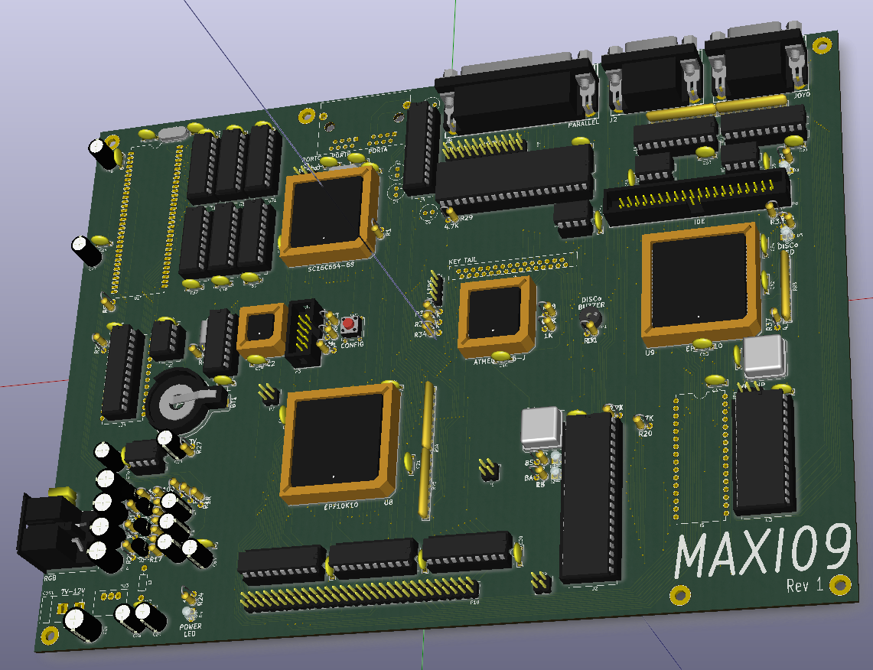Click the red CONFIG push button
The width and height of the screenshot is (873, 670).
pyautogui.click(x=349, y=324)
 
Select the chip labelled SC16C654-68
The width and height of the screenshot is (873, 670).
pyautogui.click(x=329, y=217)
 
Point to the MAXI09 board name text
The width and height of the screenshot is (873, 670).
pyautogui.click(x=763, y=551)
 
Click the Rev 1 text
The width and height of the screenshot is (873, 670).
pyautogui.click(x=804, y=585)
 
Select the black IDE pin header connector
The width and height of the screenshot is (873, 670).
pyautogui.click(x=695, y=198)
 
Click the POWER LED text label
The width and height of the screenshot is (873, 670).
pyautogui.click(x=191, y=630)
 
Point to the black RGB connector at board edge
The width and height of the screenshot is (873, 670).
pyautogui.click(x=48, y=528)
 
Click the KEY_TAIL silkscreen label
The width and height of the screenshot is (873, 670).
pyautogui.click(x=463, y=261)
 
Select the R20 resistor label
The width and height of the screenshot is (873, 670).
pyautogui.click(x=645, y=434)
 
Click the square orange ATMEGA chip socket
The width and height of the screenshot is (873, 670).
pyautogui.click(x=497, y=316)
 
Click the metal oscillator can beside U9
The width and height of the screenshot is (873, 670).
pyautogui.click(x=764, y=356)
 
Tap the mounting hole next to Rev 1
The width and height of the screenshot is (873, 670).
pyautogui.click(x=841, y=585)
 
